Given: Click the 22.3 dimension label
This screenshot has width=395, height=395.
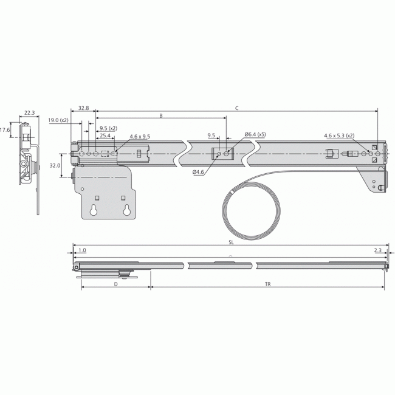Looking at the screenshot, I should (x=29, y=112).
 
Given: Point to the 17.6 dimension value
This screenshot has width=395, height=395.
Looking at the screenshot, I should (x=5, y=129).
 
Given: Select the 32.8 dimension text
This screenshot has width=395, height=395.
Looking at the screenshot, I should (x=84, y=108).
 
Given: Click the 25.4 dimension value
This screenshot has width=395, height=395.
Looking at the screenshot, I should (x=105, y=136).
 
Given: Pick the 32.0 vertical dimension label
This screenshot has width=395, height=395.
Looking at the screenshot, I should (x=55, y=165).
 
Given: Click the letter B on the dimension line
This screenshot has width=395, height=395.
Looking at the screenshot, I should (x=160, y=115).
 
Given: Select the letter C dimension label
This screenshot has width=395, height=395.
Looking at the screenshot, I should (x=236, y=108).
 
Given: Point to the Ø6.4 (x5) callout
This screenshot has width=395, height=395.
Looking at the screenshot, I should (x=255, y=134).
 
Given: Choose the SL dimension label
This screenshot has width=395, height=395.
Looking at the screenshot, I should (x=231, y=242).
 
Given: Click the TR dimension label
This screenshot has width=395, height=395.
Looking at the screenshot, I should (x=267, y=284).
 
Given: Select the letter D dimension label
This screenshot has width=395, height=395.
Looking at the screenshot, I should (x=115, y=284).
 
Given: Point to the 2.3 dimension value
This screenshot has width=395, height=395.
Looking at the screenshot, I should (x=377, y=250).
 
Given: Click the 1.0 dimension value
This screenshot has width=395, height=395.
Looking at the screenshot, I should (x=82, y=250).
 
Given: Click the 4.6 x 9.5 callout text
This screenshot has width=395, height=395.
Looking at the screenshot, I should (x=139, y=137).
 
